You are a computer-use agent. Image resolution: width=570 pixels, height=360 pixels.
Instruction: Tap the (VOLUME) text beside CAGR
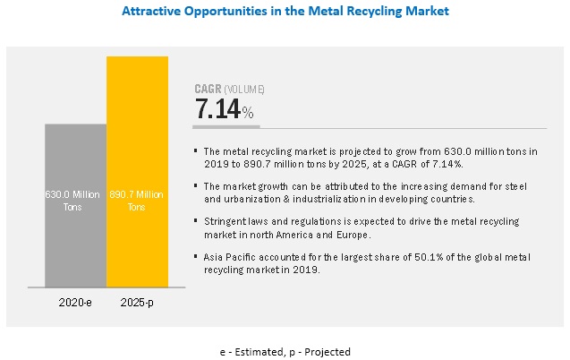[246, 89]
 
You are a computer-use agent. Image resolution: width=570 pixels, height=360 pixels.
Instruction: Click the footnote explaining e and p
[285, 352]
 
